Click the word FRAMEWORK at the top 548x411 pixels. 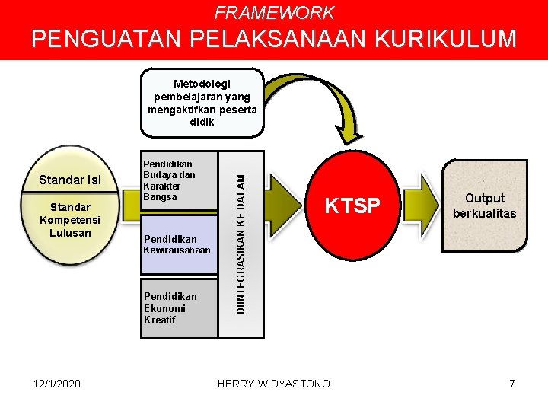click(x=274, y=12)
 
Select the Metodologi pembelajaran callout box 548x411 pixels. click(x=203, y=103)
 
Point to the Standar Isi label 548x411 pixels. click(x=70, y=180)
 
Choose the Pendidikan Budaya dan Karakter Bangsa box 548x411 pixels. click(x=178, y=181)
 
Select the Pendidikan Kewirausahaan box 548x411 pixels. click(x=178, y=244)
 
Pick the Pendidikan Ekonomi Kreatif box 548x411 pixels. click(x=178, y=307)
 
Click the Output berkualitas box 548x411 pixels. click(x=484, y=206)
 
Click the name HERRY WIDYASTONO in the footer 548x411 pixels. click(x=274, y=384)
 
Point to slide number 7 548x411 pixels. click(x=512, y=384)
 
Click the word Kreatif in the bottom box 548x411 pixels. click(x=160, y=320)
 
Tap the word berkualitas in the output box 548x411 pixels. click(x=484, y=214)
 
